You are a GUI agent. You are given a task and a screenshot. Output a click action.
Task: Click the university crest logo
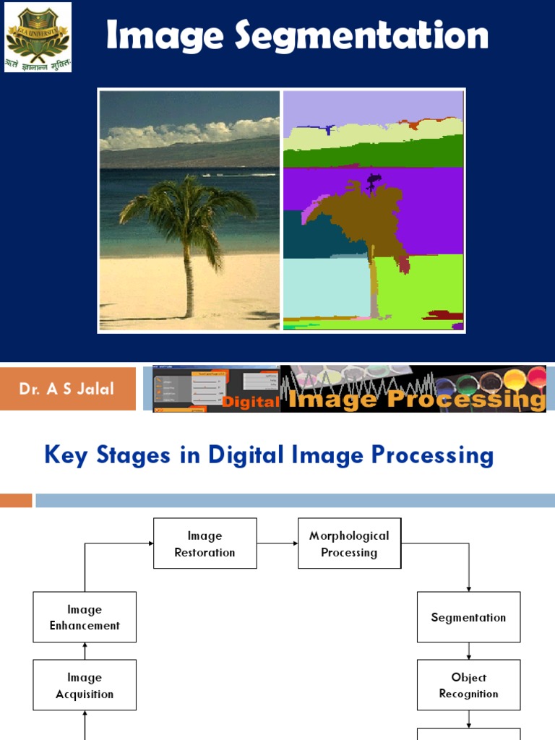(38, 37)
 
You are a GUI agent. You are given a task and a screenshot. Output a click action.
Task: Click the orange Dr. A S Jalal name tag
(68, 389)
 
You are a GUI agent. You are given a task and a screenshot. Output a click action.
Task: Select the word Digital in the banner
(251, 402)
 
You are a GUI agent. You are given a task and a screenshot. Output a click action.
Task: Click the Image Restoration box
(205, 543)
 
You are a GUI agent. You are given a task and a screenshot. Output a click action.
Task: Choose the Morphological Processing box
(349, 543)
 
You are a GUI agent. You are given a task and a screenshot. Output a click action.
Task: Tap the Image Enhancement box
(85, 617)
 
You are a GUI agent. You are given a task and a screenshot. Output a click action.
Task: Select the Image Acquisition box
(85, 685)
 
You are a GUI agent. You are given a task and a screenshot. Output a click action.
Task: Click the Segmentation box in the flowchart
(468, 617)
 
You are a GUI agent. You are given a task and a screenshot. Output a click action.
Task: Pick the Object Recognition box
(468, 685)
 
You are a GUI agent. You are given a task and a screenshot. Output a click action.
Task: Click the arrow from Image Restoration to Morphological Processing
(277, 543)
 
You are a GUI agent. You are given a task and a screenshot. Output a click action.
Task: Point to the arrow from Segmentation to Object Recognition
(468, 651)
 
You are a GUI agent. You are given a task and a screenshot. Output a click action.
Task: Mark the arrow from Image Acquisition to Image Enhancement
(85, 651)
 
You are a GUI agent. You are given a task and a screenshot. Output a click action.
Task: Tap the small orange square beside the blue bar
(16, 500)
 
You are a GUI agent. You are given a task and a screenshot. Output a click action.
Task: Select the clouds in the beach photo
(188, 134)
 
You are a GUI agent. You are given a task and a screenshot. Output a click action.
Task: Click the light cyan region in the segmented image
(325, 285)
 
